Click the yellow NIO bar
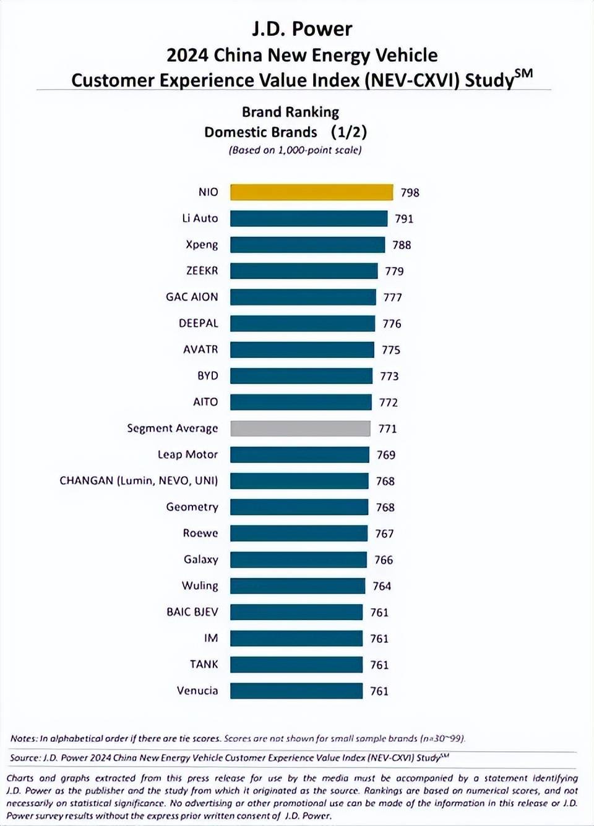coord(311,192)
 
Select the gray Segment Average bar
coord(300,428)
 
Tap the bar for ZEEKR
coord(304,271)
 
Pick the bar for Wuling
coord(298,586)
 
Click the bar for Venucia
coord(296,691)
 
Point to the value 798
coord(410,193)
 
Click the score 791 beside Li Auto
coord(404,219)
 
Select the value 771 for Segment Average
coord(387,429)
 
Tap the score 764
coord(382,586)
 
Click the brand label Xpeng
coord(202,244)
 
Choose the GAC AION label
coord(192,297)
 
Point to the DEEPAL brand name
coord(198,323)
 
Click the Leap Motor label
coord(187,454)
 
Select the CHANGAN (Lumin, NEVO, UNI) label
coord(139,480)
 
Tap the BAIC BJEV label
coord(192,612)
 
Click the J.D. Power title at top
coord(302,28)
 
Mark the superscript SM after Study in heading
coord(523,74)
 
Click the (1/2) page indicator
coord(349,132)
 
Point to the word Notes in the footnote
coord(24,738)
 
